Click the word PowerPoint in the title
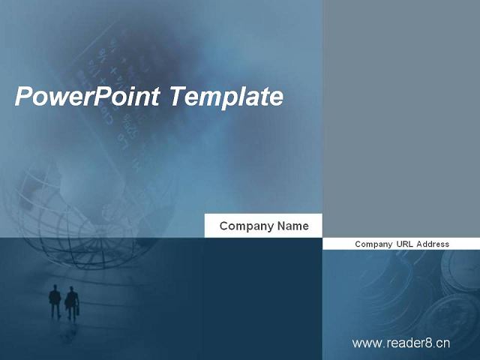pyautogui.click(x=87, y=97)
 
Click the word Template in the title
pyautogui.click(x=226, y=97)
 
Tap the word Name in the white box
pyautogui.click(x=293, y=226)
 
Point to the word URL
pyautogui.click(x=405, y=244)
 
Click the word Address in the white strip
pyautogui.click(x=433, y=244)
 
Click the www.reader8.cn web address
pyautogui.click(x=401, y=343)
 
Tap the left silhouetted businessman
pyautogui.click(x=55, y=301)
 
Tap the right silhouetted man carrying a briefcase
pyautogui.click(x=72, y=303)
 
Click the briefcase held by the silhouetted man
pyautogui.click(x=78, y=310)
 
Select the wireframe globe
pyautogui.click(x=79, y=214)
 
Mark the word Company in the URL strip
pyautogui.click(x=373, y=244)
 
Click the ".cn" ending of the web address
pyautogui.click(x=442, y=343)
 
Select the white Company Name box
pyautogui.click(x=263, y=226)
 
